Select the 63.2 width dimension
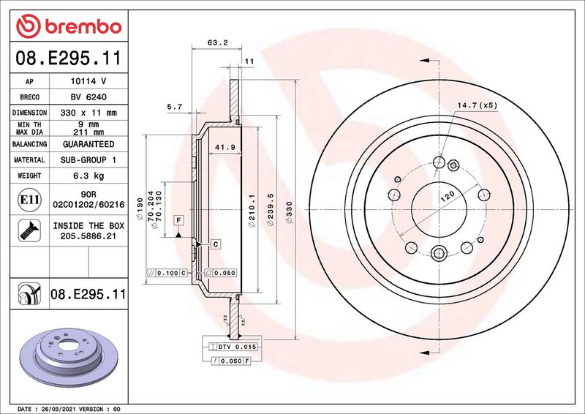(x=214, y=43)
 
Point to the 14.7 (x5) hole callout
(x=477, y=105)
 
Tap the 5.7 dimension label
(x=175, y=107)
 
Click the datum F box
(x=178, y=219)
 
